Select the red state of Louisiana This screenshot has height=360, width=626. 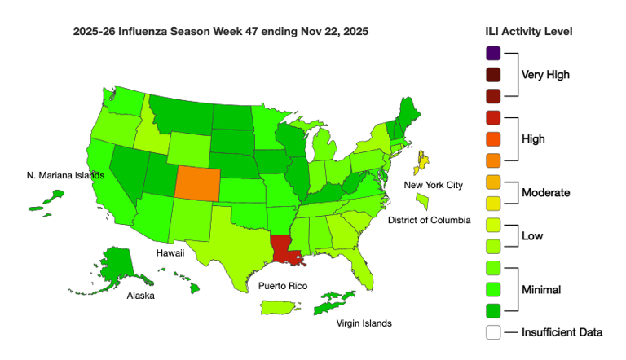point(284,251)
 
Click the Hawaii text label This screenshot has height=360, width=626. point(171,253)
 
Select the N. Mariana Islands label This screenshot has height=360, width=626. point(66,175)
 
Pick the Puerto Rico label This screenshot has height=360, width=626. point(283,286)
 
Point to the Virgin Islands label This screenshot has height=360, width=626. point(364,323)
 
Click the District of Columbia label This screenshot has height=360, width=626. point(429,220)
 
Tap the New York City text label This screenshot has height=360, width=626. point(434,185)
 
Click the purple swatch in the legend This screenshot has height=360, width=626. point(492,54)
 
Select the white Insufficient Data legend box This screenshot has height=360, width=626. point(492,332)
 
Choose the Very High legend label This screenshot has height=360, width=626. point(545,75)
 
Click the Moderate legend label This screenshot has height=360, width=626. point(545,193)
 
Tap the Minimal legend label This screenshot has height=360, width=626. point(544,289)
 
